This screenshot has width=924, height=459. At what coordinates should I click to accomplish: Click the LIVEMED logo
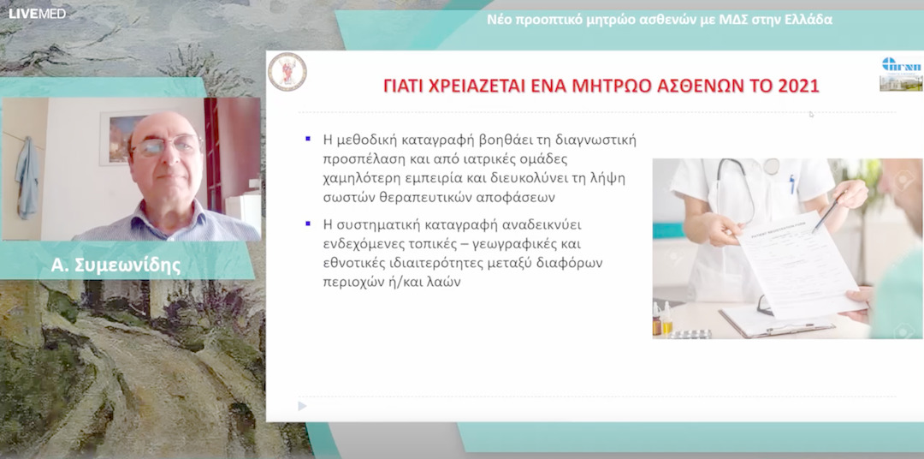37,13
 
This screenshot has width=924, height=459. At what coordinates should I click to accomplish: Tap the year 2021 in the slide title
799,86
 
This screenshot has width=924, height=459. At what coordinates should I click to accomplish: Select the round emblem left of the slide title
287,71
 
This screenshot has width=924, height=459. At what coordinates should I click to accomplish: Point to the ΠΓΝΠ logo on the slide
901,65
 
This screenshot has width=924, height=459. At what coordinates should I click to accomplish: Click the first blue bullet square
307,138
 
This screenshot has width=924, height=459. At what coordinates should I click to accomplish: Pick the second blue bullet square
307,224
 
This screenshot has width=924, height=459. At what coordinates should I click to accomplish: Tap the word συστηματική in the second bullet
376,225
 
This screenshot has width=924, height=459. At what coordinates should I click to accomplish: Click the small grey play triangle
302,406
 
